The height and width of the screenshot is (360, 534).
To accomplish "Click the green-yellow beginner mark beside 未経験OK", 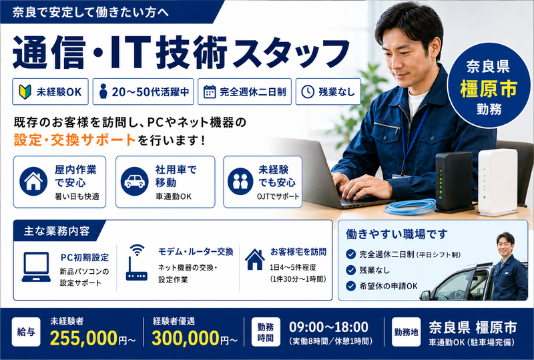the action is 25,92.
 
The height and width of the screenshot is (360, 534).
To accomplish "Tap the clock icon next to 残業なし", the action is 308,92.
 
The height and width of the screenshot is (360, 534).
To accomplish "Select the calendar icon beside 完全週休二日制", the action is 210,92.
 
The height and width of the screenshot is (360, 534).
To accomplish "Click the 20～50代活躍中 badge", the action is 143,92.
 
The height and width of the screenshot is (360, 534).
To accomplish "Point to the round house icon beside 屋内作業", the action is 33,182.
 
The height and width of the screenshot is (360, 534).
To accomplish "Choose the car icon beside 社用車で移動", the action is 135,182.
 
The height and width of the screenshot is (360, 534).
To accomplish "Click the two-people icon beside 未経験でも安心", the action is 240,182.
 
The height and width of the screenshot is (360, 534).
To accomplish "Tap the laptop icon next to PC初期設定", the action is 36,267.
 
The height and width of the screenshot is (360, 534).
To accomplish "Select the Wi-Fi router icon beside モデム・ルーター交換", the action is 137,262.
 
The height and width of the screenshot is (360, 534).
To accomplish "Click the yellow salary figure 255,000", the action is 84,338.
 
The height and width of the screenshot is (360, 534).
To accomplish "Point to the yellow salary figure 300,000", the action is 186,338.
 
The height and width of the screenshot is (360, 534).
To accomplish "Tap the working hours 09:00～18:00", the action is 328,327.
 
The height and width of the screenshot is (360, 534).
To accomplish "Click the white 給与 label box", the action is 26,332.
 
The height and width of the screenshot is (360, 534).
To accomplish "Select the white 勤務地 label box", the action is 406,332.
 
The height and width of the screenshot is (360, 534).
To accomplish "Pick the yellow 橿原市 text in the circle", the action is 489,89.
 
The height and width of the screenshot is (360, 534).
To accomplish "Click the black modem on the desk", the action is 455,182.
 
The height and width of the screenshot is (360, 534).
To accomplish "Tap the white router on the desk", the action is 497,182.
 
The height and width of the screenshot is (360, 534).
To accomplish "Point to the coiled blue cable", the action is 411,206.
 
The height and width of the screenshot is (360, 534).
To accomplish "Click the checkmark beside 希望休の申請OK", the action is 351,286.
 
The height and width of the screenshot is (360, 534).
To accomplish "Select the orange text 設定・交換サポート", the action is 75,140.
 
